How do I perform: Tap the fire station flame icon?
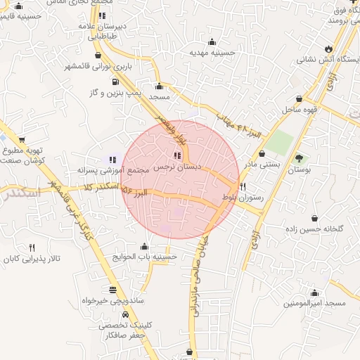click(328, 48)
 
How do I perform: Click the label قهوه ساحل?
click(301, 110)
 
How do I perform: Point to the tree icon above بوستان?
click(300, 158)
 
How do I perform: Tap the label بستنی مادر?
click(260, 165)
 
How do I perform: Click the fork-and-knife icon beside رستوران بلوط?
click(243, 186)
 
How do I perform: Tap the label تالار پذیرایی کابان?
click(32, 259)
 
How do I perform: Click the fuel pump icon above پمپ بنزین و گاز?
click(115, 80)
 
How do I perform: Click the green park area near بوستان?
click(281, 142)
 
